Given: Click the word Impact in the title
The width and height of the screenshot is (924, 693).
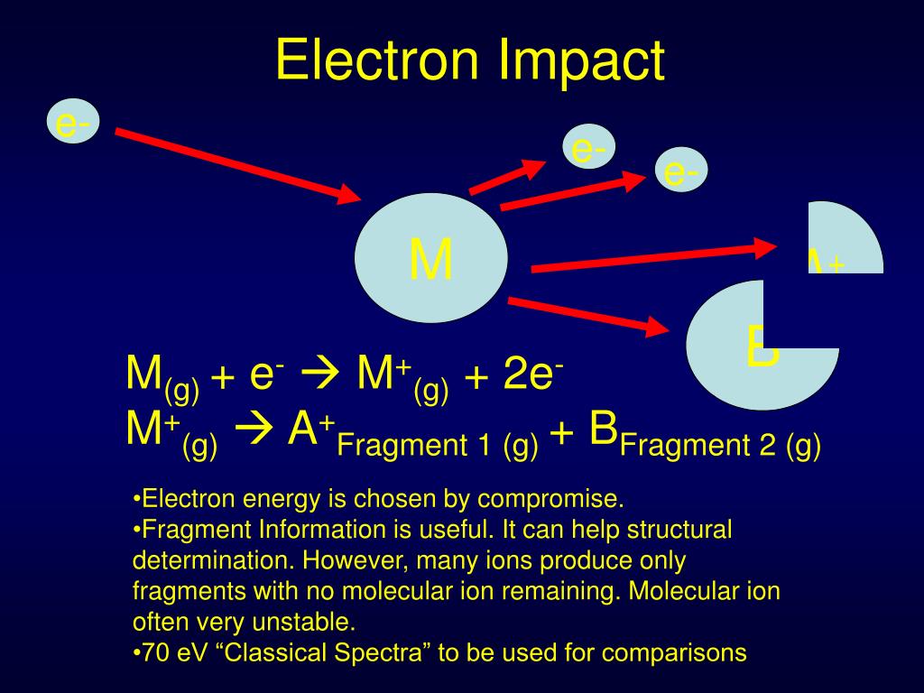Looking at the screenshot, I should pyautogui.click(x=581, y=60).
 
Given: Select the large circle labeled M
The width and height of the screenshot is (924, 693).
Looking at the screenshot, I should pyautogui.click(x=430, y=259).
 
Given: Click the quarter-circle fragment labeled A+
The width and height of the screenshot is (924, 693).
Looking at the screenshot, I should pyautogui.click(x=844, y=240).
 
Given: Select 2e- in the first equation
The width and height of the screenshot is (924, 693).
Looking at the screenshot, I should pyautogui.click(x=533, y=374).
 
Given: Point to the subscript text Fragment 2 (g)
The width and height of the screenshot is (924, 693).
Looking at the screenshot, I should pyautogui.click(x=719, y=446).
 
